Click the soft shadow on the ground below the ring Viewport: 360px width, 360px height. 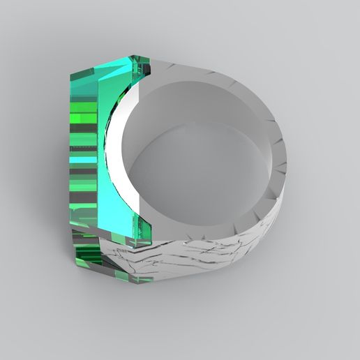coord(209,314)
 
